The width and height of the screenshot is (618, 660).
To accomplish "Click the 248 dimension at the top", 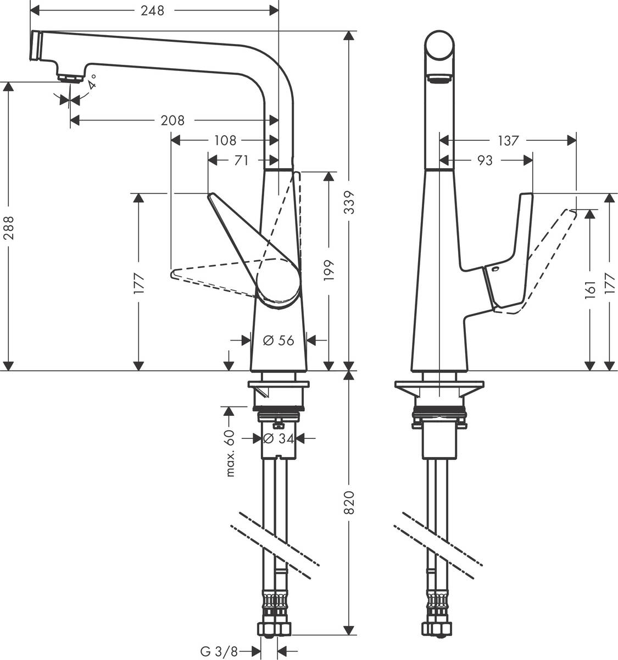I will click(152, 10).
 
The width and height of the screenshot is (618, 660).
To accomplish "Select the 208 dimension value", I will click(172, 120).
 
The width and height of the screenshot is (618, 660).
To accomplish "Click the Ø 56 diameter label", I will click(279, 340).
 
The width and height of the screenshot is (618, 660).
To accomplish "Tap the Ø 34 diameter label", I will click(279, 438).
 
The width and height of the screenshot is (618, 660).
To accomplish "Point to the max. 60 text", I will click(230, 453).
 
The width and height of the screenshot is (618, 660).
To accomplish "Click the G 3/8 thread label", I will click(219, 652).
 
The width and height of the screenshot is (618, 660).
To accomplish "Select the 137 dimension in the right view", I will click(508, 141).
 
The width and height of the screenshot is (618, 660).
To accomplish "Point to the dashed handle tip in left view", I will click(175, 273).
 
